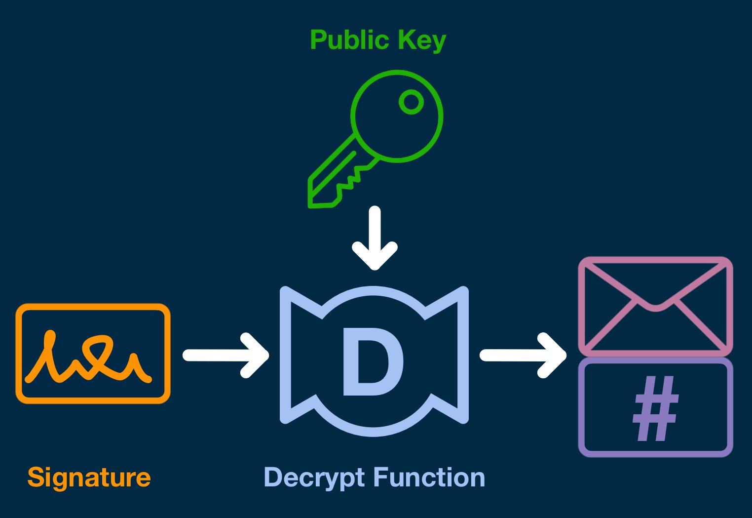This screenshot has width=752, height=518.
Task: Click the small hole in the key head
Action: (411, 102)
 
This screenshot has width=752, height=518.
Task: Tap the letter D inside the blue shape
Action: (373, 362)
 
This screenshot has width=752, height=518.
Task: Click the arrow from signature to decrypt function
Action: (225, 356)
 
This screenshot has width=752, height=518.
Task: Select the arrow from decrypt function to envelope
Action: (523, 356)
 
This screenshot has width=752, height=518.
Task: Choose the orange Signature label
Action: (89, 478)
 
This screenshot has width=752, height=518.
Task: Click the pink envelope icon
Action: (655, 306)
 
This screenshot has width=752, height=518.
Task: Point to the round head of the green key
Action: (397, 116)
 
